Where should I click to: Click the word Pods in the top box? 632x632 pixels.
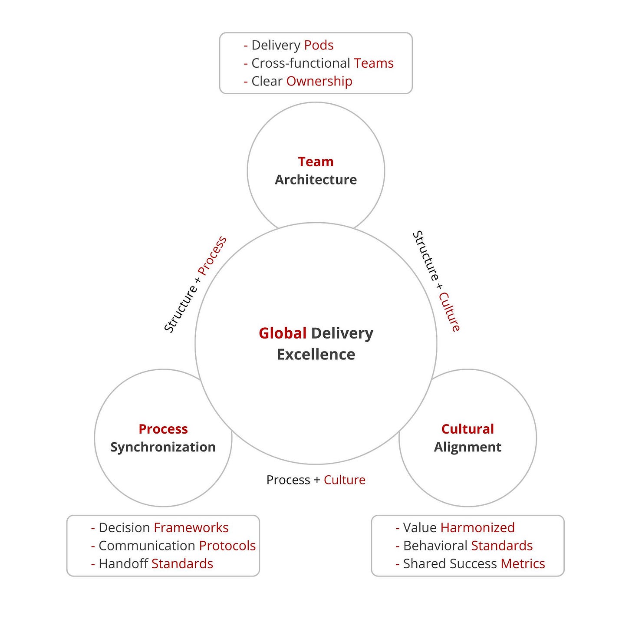click(x=319, y=45)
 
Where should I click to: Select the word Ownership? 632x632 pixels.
click(x=319, y=81)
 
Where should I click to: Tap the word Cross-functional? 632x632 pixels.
click(x=301, y=63)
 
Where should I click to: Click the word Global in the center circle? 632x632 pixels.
click(x=283, y=333)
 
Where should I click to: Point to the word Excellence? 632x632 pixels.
click(x=316, y=355)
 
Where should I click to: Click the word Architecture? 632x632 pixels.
click(x=316, y=180)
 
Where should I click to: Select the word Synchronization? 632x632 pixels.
click(x=163, y=447)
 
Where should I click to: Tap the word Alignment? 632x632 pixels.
click(x=467, y=447)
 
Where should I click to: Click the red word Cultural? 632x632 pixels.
click(x=467, y=429)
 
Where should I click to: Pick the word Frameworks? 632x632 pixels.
click(x=191, y=528)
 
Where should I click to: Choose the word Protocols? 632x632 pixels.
click(x=227, y=546)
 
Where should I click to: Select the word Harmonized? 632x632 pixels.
click(x=477, y=528)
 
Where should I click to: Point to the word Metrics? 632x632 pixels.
click(x=523, y=564)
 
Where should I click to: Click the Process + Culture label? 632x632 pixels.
click(x=316, y=480)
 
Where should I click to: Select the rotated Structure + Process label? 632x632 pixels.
click(x=195, y=284)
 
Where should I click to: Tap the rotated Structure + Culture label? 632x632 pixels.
click(x=436, y=281)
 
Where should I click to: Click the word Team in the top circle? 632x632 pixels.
click(x=316, y=161)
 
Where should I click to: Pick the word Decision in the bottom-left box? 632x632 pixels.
click(x=124, y=528)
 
